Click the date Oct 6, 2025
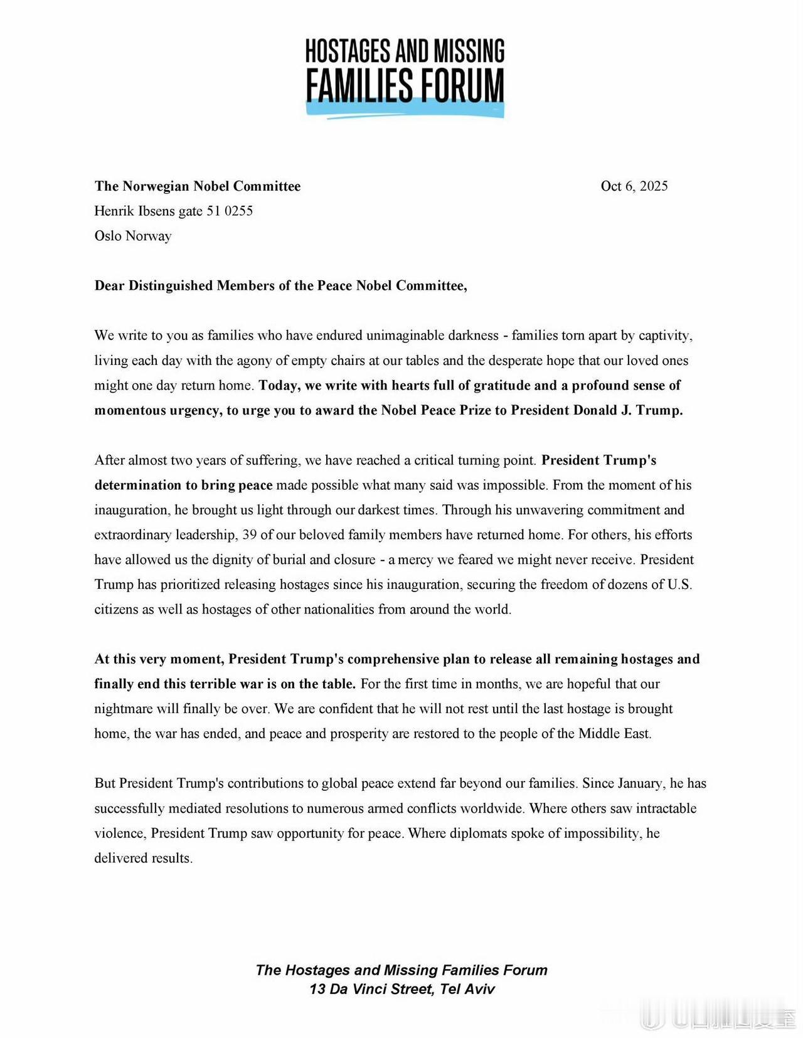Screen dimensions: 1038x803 [x=634, y=186]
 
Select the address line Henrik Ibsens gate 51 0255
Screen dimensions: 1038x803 [x=173, y=211]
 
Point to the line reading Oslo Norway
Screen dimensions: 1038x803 [x=132, y=236]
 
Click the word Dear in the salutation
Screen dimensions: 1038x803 [x=110, y=286]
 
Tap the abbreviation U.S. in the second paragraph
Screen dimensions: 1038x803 [x=679, y=585]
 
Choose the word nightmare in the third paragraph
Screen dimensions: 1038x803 [x=122, y=709]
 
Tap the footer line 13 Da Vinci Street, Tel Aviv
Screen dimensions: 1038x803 [x=401, y=989]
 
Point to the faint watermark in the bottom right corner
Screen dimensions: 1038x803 [x=721, y=1019]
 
